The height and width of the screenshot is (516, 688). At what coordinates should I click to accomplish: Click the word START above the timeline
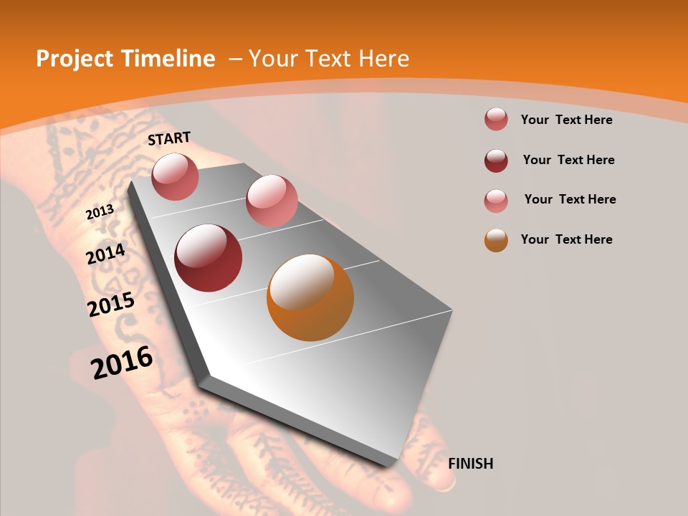tap(169, 138)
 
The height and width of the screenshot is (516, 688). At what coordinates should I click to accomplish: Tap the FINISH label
tap(471, 464)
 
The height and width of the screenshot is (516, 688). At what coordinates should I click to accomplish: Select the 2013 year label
tap(100, 211)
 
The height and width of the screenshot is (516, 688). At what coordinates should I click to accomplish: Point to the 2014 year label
tap(106, 254)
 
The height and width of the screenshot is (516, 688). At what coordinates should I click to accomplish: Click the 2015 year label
tap(111, 305)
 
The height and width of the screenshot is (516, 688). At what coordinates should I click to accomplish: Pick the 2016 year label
tap(122, 363)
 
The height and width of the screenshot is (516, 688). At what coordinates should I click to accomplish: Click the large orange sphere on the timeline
tap(310, 297)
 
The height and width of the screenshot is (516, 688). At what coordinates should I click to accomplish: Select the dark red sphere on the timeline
tap(209, 258)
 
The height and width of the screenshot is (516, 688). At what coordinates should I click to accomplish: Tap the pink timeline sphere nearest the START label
tap(176, 176)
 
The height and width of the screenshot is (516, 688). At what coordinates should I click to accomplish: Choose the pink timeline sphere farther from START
tap(272, 201)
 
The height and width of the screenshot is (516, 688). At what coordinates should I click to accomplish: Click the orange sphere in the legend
tap(496, 240)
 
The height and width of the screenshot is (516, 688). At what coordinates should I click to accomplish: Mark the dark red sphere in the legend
tap(496, 161)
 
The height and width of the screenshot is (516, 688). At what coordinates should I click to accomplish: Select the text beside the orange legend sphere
tap(567, 239)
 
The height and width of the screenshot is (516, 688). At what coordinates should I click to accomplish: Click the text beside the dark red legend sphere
tap(568, 160)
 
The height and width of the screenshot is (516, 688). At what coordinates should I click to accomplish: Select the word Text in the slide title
tap(329, 59)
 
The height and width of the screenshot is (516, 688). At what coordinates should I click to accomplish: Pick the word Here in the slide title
tap(384, 59)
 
